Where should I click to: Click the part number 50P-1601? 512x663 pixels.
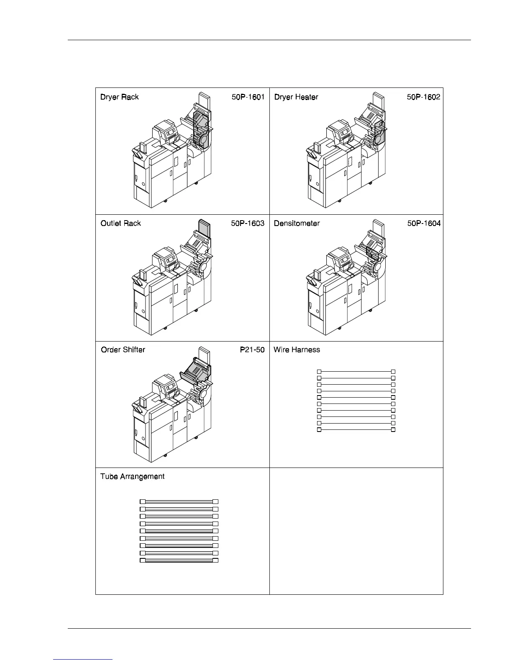coord(248,97)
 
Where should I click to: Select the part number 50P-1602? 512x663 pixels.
coord(423,97)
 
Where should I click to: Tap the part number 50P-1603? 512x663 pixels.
coord(248,224)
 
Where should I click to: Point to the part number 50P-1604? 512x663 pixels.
coord(424,224)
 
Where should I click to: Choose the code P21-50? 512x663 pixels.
coord(252,350)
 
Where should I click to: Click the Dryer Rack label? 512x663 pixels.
coord(120,97)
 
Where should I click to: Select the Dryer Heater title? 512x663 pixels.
coord(296,97)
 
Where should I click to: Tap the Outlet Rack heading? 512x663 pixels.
coord(121,224)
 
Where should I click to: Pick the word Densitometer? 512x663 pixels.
coord(297,224)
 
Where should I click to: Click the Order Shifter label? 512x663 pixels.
coord(123,350)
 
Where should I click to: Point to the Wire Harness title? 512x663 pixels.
coord(297,350)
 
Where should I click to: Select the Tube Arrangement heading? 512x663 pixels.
coord(133,477)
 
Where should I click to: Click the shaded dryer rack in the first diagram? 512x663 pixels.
coord(202,130)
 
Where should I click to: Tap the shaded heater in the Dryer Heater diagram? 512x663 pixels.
coord(379,132)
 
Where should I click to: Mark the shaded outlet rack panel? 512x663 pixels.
coord(204,228)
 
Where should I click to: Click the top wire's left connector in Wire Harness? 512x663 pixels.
coord(319,372)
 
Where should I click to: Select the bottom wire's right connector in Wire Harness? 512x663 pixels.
coord(393,430)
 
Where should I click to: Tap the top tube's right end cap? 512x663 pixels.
coord(215,501)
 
